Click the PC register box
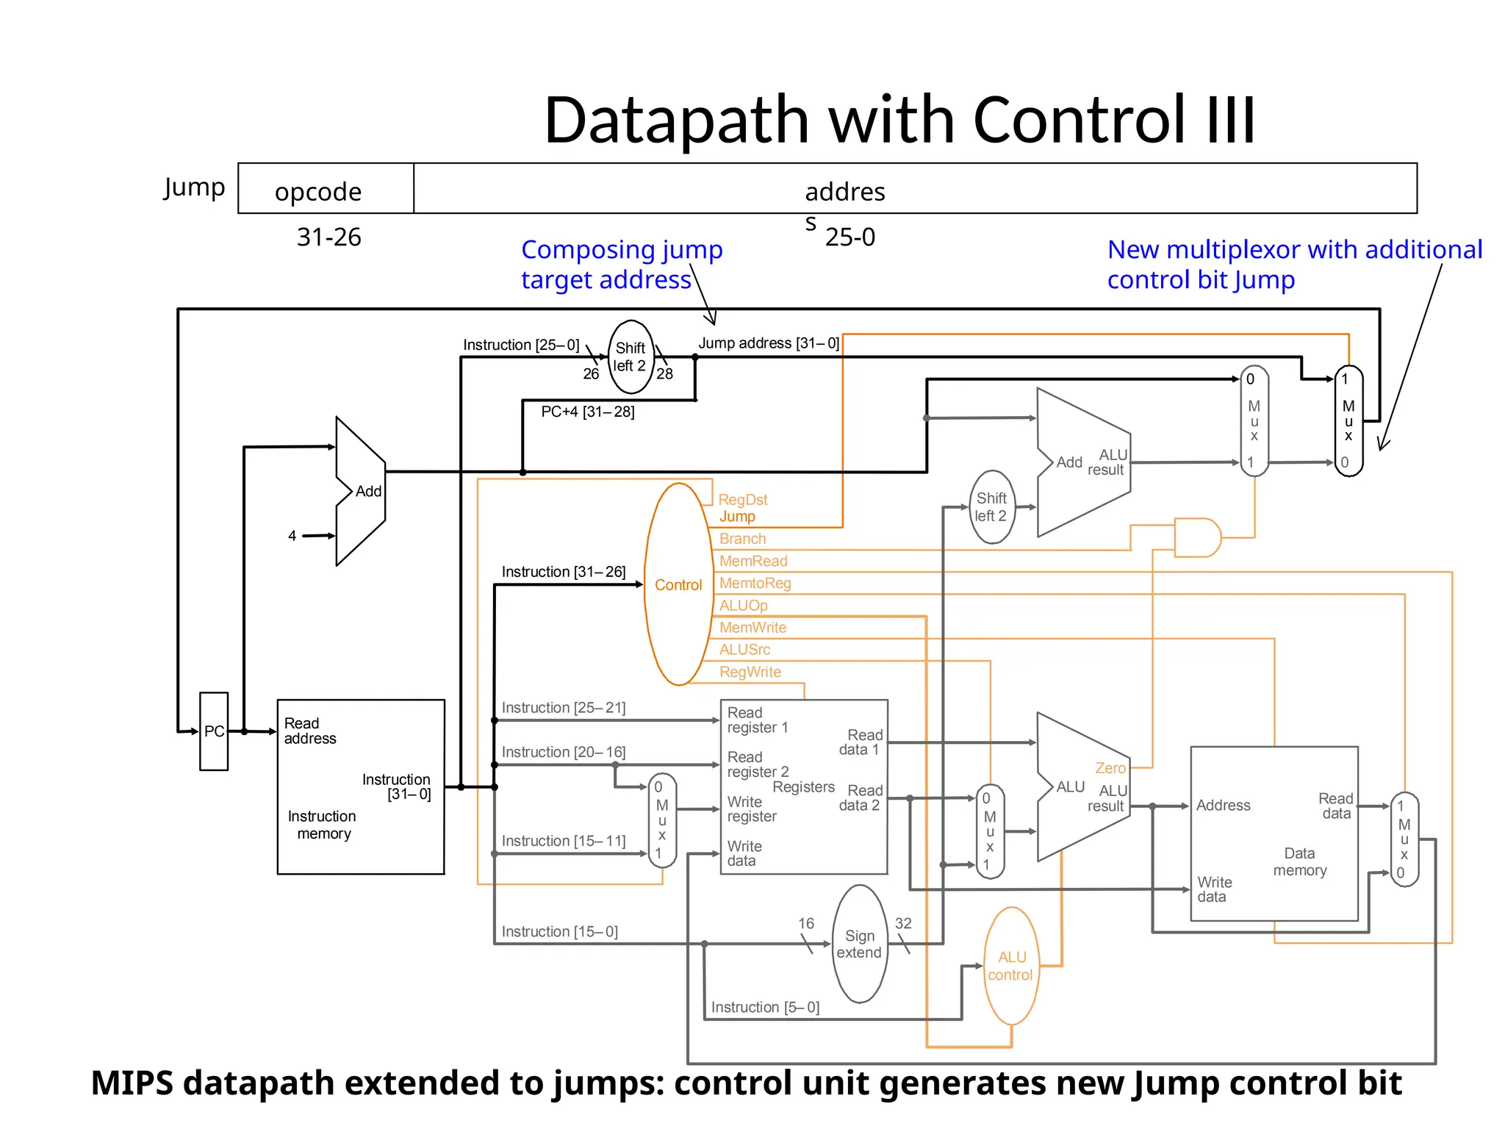[214, 731]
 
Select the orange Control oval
[678, 585]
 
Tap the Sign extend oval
[859, 945]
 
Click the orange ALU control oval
[1011, 966]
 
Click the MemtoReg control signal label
[755, 583]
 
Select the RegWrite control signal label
[750, 672]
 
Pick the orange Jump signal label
[737, 517]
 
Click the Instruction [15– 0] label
[559, 931]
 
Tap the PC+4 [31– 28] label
[587, 412]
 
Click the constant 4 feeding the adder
[292, 536]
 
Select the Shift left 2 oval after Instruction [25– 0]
[631, 356]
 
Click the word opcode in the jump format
[318, 192]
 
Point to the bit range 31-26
[328, 237]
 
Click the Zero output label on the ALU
[1110, 768]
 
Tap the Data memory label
[1299, 861]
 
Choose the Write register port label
[751, 809]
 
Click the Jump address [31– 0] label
[768, 343]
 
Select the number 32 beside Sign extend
[903, 923]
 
